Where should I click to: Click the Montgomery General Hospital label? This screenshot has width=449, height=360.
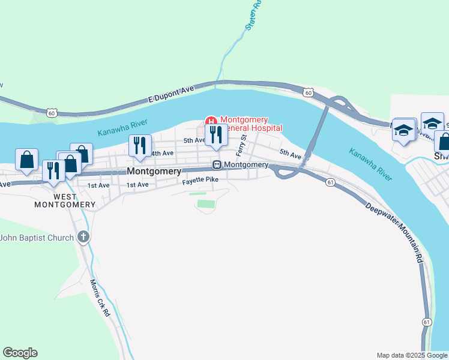point(250,124)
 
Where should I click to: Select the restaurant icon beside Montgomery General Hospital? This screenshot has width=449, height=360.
point(216,135)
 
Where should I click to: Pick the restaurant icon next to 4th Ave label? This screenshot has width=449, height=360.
point(140,146)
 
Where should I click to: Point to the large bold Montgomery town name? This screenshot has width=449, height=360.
point(154,171)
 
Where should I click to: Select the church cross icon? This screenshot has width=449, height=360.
point(83,238)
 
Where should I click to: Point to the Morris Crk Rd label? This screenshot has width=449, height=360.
point(100,298)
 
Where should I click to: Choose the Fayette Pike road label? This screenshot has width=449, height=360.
point(200,180)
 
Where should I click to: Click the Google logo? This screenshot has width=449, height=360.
point(20,353)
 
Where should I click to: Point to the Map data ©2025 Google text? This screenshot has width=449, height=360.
point(411,355)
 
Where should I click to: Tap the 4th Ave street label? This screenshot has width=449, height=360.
point(162,154)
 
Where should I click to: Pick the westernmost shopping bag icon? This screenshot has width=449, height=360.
point(26,160)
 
